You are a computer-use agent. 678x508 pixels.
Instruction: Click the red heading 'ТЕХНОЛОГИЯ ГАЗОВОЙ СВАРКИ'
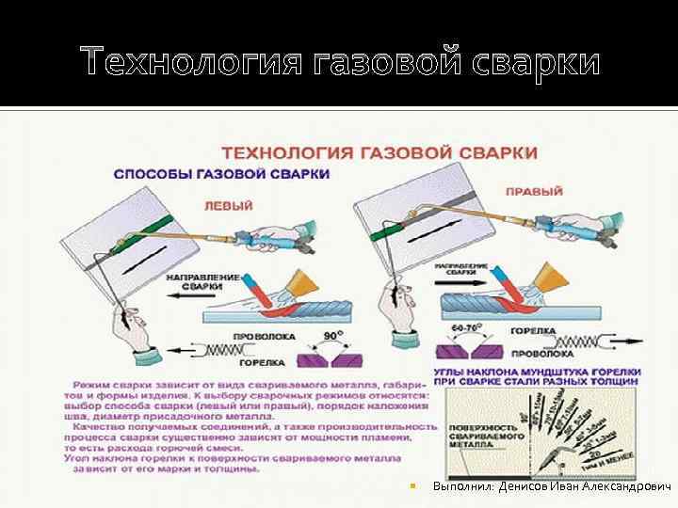(379, 151)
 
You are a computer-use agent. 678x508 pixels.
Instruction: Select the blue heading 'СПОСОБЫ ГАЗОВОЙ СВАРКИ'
(221, 174)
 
